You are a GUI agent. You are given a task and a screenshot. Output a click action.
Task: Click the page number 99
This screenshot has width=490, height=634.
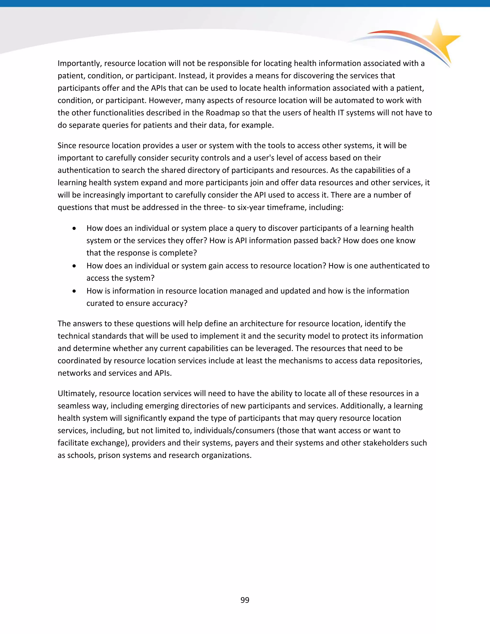coord(245,600)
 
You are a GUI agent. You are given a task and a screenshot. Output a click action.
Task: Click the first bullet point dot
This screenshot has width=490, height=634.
coord(75,229)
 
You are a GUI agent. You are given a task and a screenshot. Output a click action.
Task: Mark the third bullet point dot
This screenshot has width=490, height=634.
coord(75,291)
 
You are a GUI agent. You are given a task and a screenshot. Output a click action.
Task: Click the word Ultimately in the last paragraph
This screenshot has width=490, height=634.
coord(77,394)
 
